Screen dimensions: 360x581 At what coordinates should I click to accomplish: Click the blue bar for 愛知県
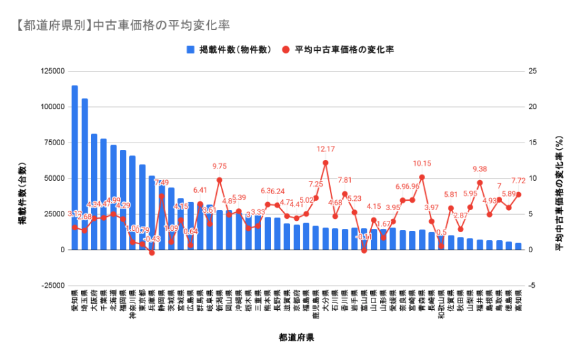(x=74, y=167)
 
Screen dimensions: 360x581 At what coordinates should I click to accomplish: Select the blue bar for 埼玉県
(x=84, y=174)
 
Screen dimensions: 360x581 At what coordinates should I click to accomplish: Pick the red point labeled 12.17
(x=325, y=163)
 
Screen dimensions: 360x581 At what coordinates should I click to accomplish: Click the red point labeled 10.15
(x=422, y=177)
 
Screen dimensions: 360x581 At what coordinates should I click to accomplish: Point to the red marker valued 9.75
(x=220, y=180)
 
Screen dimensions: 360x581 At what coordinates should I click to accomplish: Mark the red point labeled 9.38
(x=480, y=183)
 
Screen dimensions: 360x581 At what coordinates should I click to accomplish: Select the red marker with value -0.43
(x=152, y=253)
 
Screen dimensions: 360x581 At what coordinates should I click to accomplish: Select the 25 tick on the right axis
(x=532, y=71)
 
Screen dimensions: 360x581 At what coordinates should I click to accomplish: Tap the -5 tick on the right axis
(x=532, y=286)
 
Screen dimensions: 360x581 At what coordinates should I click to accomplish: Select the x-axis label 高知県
(x=518, y=304)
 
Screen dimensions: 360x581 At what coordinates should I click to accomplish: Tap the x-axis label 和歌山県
(x=441, y=306)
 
